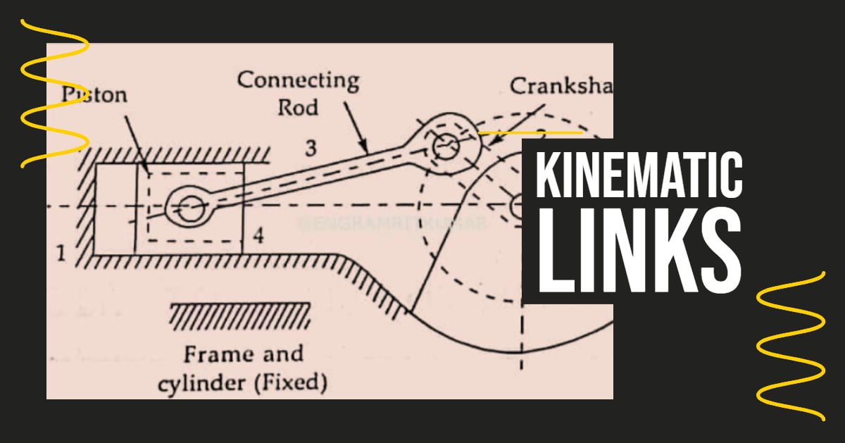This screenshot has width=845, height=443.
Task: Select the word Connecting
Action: click(x=298, y=80)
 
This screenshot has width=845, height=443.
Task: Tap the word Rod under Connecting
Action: click(x=297, y=107)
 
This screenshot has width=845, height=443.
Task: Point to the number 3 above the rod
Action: click(x=311, y=149)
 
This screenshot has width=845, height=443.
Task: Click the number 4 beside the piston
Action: click(x=258, y=236)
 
